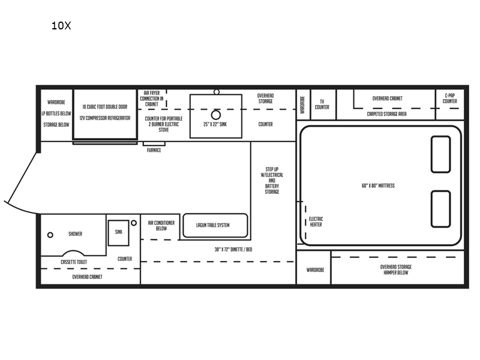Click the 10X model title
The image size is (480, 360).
click(x=61, y=25)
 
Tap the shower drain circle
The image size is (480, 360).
click(x=50, y=235)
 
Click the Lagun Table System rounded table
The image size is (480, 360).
click(x=215, y=226)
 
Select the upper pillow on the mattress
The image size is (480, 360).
click(x=440, y=154)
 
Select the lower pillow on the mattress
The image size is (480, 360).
click(x=440, y=209)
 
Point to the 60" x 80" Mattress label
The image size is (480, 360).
click(x=378, y=185)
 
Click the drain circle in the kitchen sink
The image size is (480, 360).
click(x=216, y=115)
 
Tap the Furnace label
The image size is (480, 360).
click(x=154, y=150)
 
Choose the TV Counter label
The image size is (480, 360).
click(x=322, y=104)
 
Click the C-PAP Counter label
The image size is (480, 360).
click(x=449, y=98)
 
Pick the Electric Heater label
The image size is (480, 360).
click(x=316, y=221)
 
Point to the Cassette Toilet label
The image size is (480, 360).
click(x=74, y=262)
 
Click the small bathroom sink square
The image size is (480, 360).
click(x=118, y=233)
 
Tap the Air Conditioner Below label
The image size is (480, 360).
click(x=161, y=226)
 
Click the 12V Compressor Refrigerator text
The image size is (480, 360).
click(x=105, y=118)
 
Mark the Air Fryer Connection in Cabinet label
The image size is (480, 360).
click(x=152, y=98)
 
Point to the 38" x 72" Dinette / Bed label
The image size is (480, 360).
click(x=233, y=250)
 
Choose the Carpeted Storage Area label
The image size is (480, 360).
click(x=386, y=114)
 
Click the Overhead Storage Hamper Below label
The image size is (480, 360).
click(x=396, y=269)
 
